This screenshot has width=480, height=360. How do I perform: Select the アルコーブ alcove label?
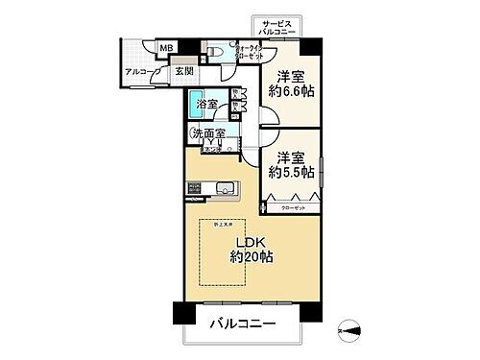[142, 71]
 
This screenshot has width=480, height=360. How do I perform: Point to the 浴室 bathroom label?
[206, 103]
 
